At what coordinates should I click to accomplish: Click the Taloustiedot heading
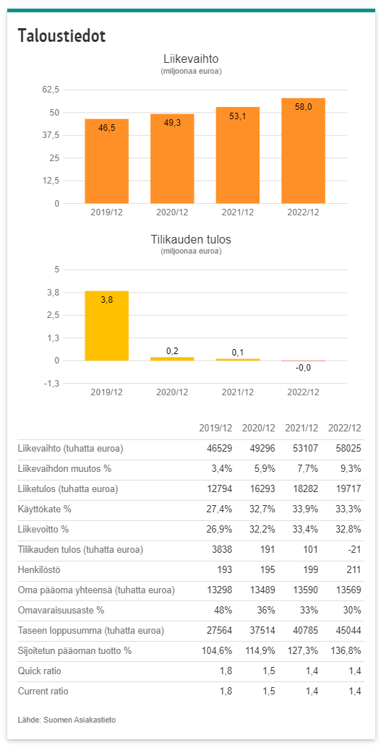61,36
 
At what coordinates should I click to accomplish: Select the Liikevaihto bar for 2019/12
106,161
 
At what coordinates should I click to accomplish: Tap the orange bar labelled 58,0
304,150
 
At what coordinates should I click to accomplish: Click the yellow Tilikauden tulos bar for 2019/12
106,326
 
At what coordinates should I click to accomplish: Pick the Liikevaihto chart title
191,59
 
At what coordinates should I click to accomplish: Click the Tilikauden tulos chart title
191,239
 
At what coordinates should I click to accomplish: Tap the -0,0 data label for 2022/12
304,367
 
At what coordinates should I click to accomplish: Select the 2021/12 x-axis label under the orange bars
238,212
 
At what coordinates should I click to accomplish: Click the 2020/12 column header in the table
258,428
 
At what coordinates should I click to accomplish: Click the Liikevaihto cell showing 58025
348,449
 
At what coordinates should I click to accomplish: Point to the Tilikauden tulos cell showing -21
354,550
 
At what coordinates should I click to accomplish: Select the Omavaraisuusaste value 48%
222,611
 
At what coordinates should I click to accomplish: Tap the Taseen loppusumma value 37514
262,631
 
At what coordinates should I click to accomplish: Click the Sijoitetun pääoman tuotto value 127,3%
301,651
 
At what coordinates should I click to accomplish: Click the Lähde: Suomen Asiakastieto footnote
67,720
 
